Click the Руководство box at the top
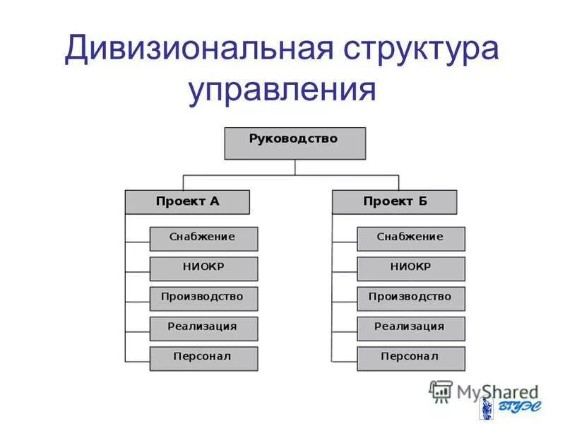(295, 143)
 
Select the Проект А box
(187, 202)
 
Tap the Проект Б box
(394, 202)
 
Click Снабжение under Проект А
(203, 238)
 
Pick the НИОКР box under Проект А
(203, 269)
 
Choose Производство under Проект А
(203, 298)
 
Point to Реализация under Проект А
(203, 328)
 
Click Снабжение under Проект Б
(410, 238)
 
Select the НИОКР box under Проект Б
(410, 269)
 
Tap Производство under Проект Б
(410, 298)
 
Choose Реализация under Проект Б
(410, 328)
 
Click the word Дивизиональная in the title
(198, 53)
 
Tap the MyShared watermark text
(497, 391)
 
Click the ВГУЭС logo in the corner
(504, 408)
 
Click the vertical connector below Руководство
(295, 167)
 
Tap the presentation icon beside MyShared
(441, 391)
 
